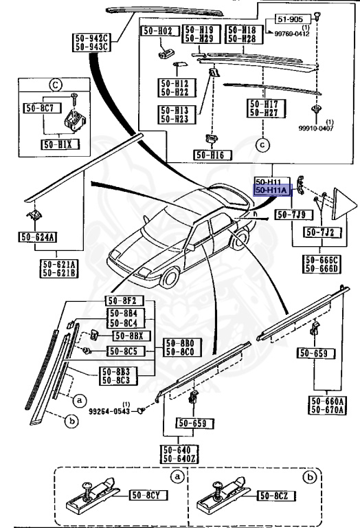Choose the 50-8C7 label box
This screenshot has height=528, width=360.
[x=41, y=108]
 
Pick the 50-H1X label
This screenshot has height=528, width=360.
[x=58, y=144]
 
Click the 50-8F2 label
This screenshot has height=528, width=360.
[x=124, y=300]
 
